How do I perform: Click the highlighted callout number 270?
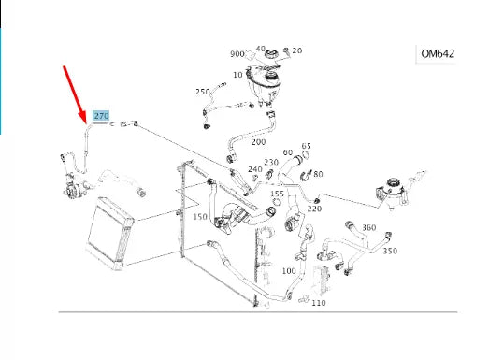click(101, 116)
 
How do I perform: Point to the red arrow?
click(75, 94)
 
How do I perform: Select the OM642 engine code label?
click(438, 53)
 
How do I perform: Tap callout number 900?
click(237, 54)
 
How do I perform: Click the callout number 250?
click(202, 92)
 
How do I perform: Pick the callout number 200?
click(259, 142)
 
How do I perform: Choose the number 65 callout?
click(307, 146)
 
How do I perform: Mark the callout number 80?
click(318, 174)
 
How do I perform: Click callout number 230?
click(271, 162)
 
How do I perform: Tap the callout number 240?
click(255, 169)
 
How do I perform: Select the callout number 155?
click(278, 194)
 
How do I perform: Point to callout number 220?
click(314, 209)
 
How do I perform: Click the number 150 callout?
click(200, 217)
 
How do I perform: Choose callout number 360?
click(369, 228)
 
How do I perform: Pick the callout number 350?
click(390, 251)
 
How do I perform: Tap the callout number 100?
click(289, 271)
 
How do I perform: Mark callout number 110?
click(319, 303)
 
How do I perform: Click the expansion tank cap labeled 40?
click(271, 54)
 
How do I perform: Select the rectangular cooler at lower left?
click(109, 234)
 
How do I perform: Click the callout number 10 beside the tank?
click(237, 75)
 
